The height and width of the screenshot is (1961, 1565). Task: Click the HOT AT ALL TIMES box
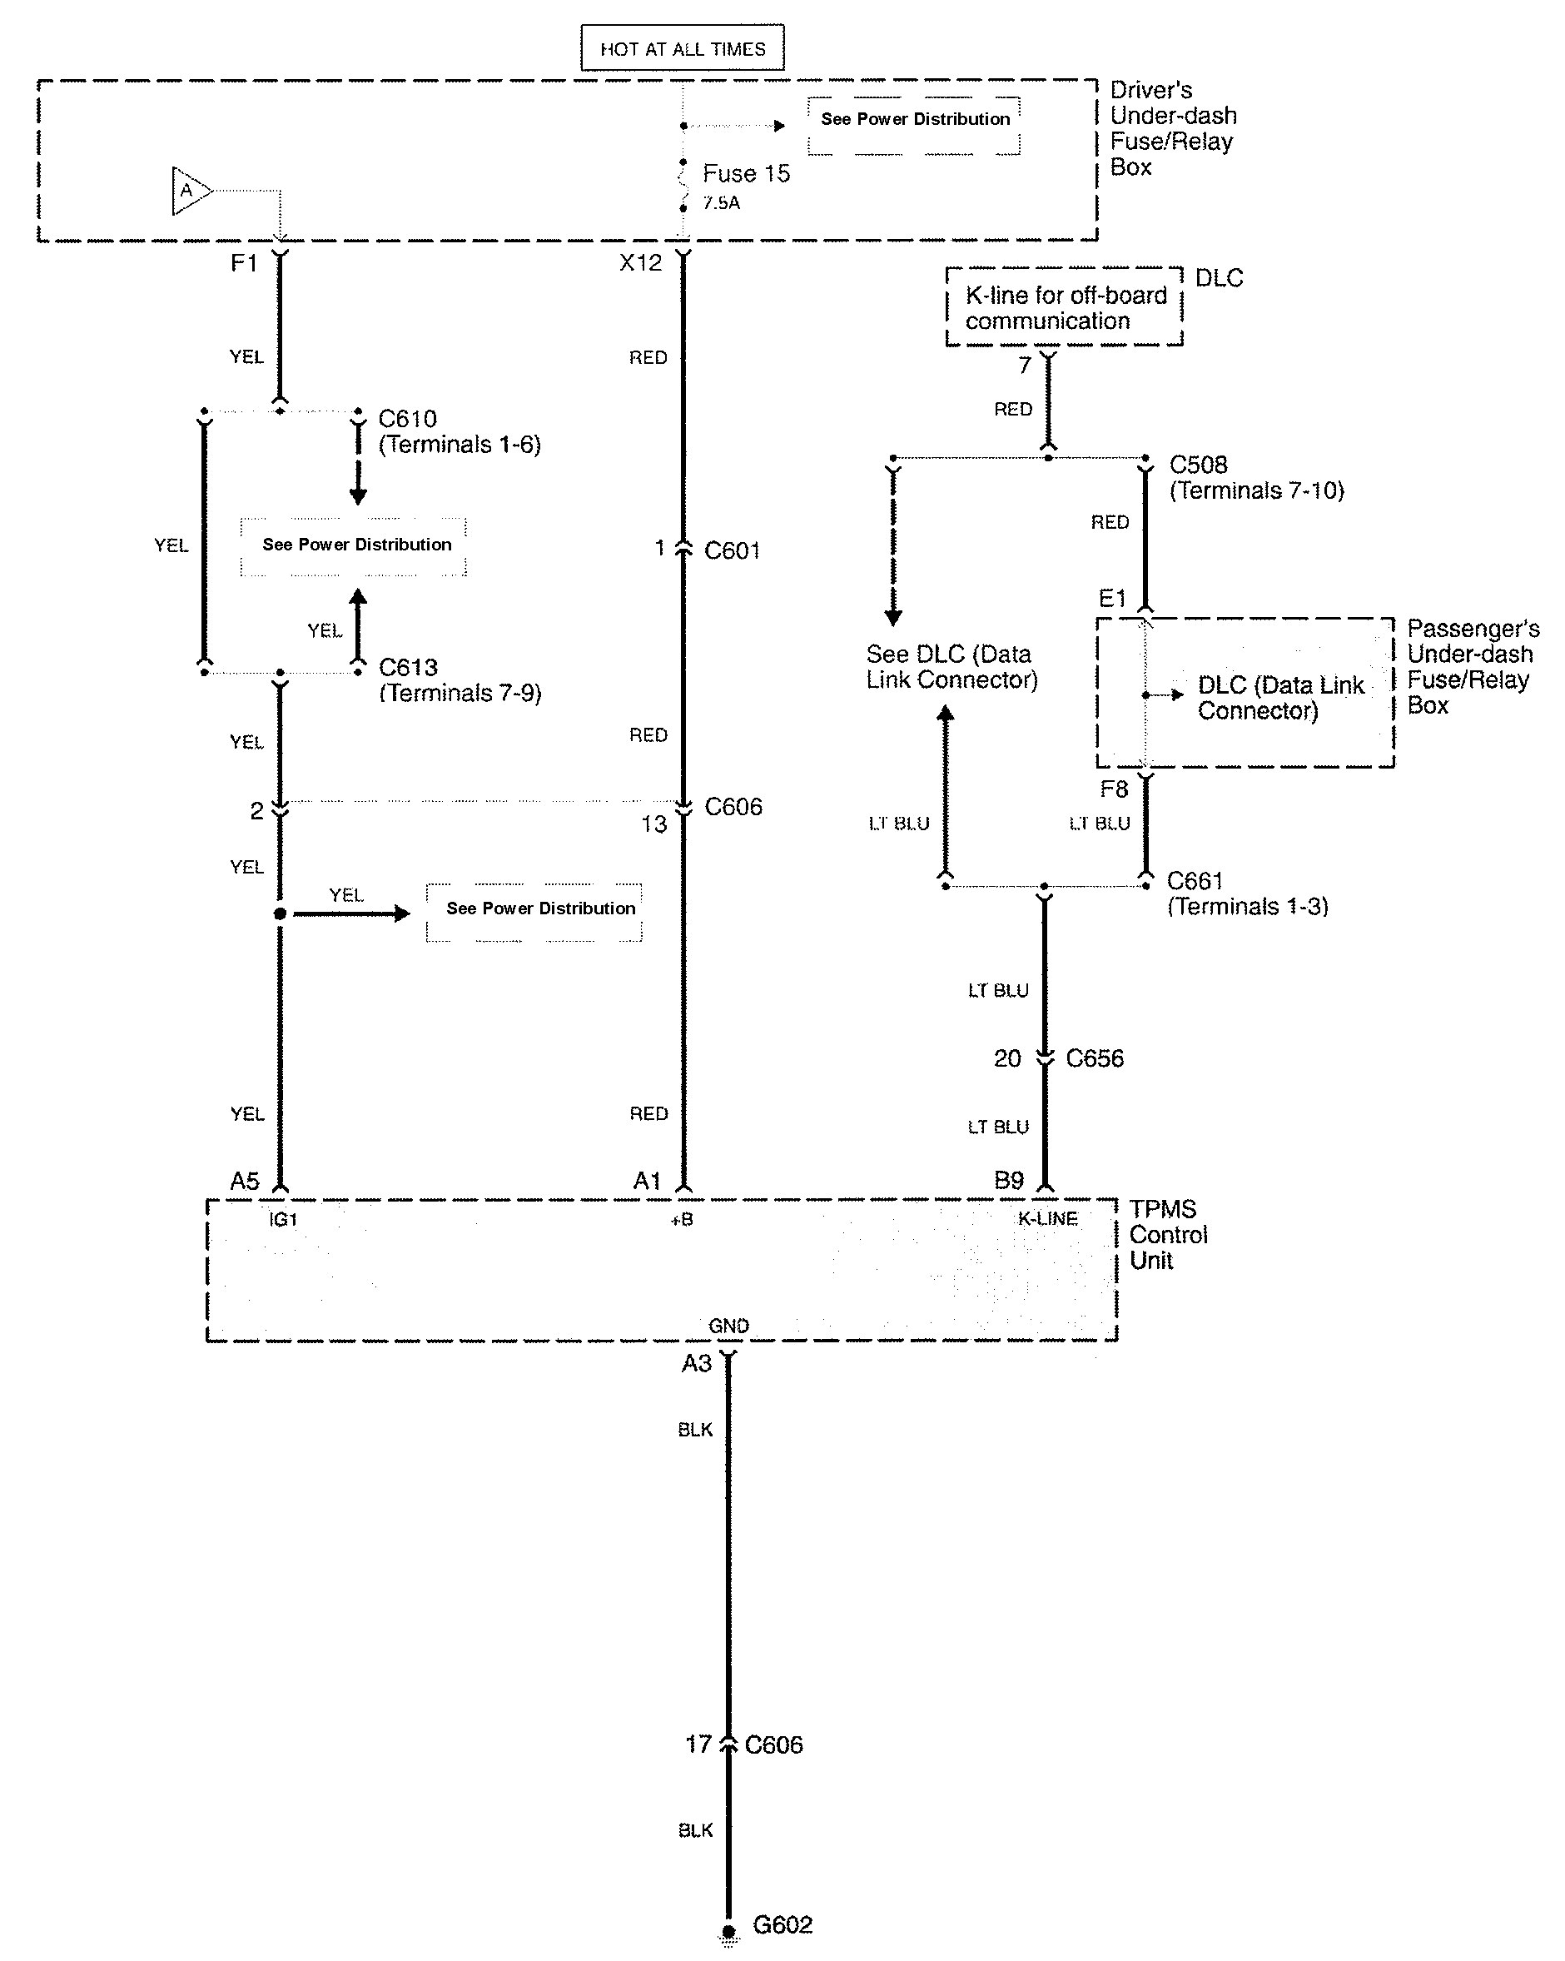(682, 48)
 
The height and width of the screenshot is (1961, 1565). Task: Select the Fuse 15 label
(746, 174)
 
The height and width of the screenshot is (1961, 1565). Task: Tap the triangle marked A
(189, 191)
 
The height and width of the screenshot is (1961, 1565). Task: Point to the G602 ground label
(782, 1924)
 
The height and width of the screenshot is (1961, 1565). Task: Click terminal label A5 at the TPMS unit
(245, 1181)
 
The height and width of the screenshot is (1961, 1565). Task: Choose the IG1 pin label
(283, 1219)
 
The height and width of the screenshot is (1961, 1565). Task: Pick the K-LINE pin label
(1047, 1219)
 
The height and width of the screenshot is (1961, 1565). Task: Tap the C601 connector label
(732, 550)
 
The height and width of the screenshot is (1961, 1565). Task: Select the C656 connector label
(1094, 1058)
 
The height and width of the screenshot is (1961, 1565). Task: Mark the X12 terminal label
(640, 263)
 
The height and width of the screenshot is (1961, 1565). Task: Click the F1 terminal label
(244, 263)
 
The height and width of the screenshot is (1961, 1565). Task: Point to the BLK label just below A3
(695, 1429)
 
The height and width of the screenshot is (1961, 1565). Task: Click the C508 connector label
(1198, 465)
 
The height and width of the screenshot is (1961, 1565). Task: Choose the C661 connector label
(1194, 880)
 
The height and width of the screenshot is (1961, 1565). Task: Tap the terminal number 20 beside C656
(1006, 1058)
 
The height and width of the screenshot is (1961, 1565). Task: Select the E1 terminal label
(1112, 599)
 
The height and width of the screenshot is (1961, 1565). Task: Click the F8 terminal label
(1113, 789)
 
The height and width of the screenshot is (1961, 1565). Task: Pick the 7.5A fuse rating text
(721, 203)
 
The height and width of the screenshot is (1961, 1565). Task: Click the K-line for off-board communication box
(1065, 307)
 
